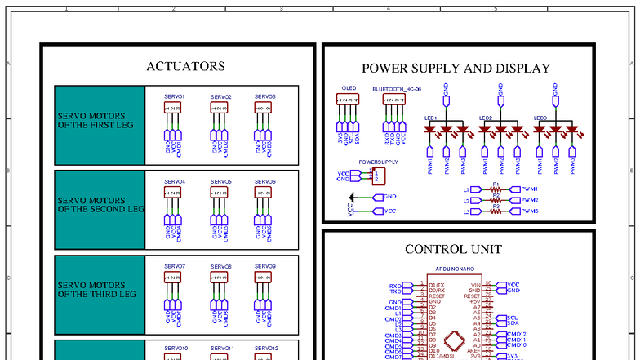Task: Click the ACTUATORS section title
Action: coord(185,66)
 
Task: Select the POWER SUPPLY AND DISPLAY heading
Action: coord(456,69)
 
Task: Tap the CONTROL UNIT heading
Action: coord(453,249)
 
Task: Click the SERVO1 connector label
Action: coord(175,96)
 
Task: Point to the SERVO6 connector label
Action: coord(265,181)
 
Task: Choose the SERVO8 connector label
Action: coord(220,266)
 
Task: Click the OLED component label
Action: coord(349,87)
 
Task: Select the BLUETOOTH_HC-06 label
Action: coord(397,87)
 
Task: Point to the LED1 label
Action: coord(430,118)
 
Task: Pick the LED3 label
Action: coord(540,118)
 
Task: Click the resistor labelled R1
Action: coord(496,189)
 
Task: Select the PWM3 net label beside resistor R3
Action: coord(529,211)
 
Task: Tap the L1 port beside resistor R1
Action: coord(468,189)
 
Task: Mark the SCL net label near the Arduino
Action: coord(512,318)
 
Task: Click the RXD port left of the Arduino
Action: coord(395,286)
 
